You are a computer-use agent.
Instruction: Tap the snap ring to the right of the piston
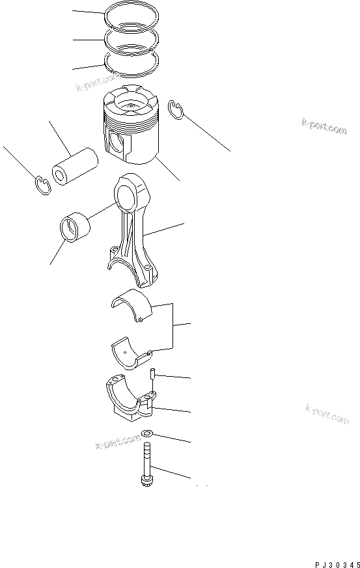[x=175, y=110]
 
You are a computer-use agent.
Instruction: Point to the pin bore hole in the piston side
[x=118, y=143]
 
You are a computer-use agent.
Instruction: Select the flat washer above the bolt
[x=147, y=434]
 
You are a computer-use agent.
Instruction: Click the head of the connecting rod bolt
[x=146, y=482]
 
